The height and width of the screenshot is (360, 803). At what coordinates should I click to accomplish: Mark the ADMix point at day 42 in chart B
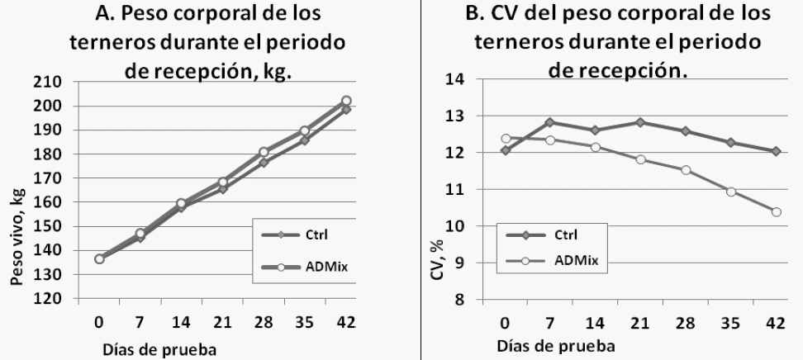coord(777,212)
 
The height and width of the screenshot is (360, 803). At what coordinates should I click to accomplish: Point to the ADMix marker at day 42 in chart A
coord(346,101)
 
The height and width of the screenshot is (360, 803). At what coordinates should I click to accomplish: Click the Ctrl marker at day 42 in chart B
coord(777,151)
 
